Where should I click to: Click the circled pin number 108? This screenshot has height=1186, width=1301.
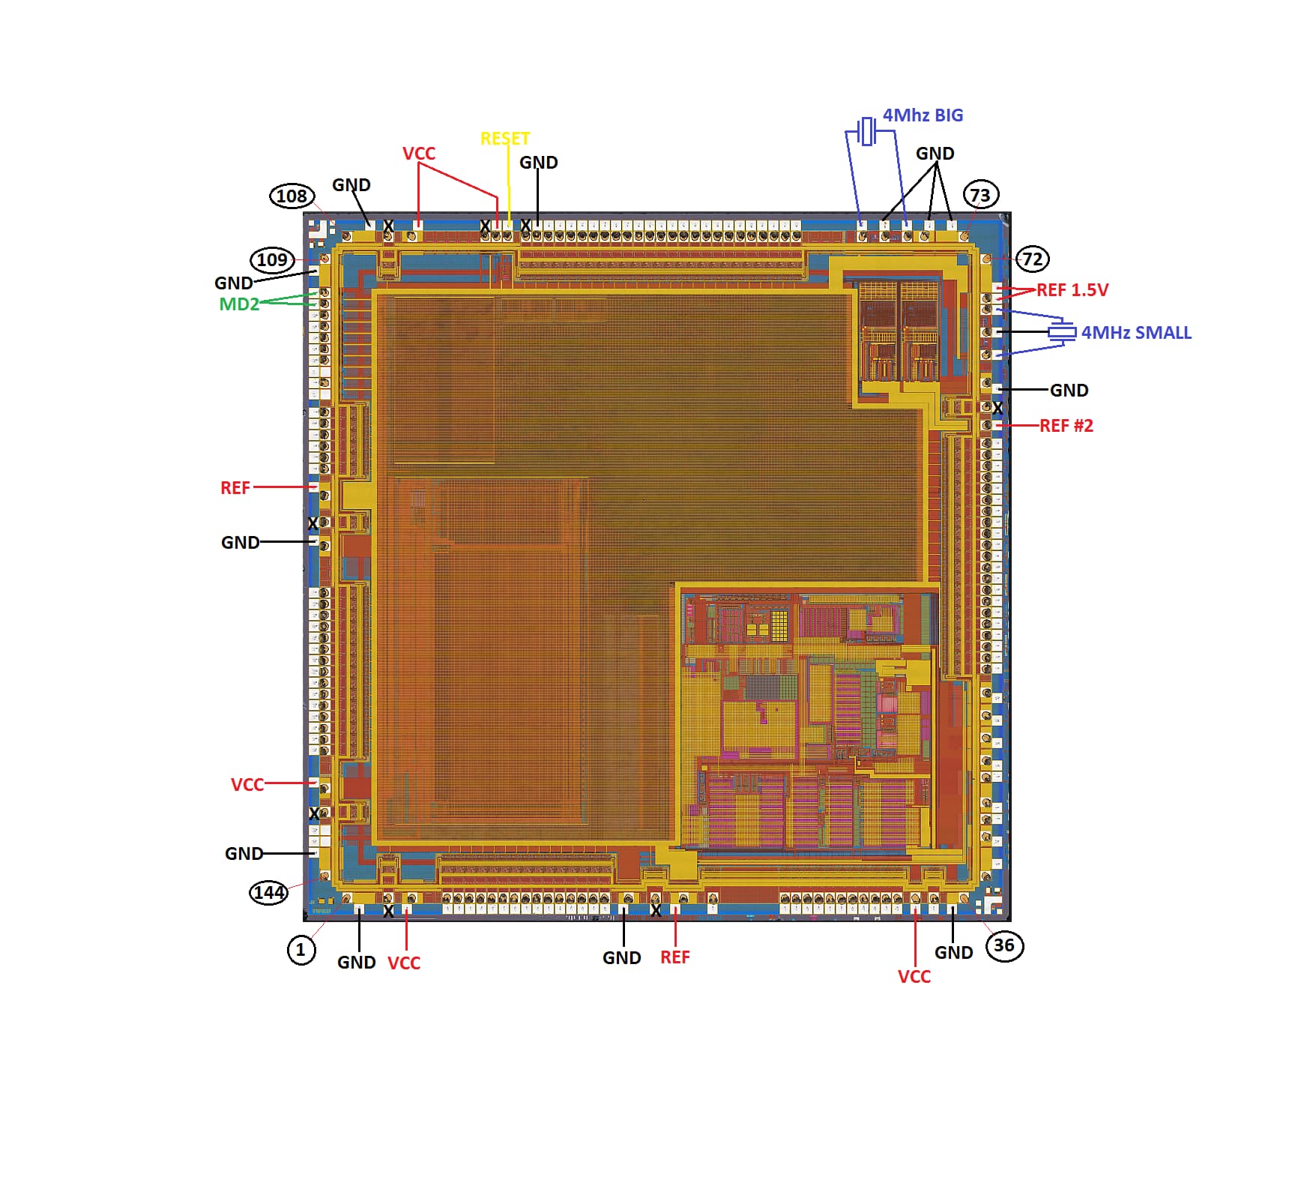292,196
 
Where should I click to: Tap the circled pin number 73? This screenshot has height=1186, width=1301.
980,195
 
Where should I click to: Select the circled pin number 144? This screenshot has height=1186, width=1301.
268,892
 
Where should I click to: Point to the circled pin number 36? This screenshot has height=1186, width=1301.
1004,945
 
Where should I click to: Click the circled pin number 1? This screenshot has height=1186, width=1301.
301,950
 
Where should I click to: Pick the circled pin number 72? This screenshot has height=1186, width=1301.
1033,259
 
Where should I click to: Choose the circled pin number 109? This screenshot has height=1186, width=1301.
271,260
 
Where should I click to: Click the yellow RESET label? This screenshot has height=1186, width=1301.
505,139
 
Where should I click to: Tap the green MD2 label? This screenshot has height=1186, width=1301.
239,304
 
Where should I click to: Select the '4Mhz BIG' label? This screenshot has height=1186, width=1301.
923,115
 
